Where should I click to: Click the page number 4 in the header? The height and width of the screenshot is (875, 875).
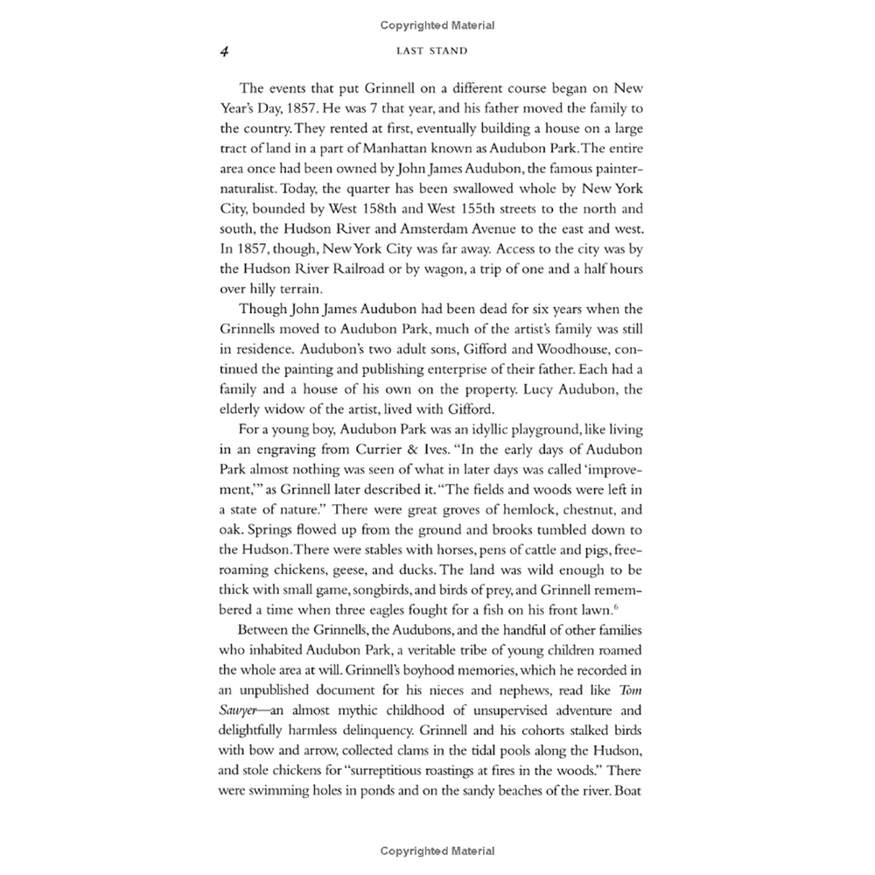225,51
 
